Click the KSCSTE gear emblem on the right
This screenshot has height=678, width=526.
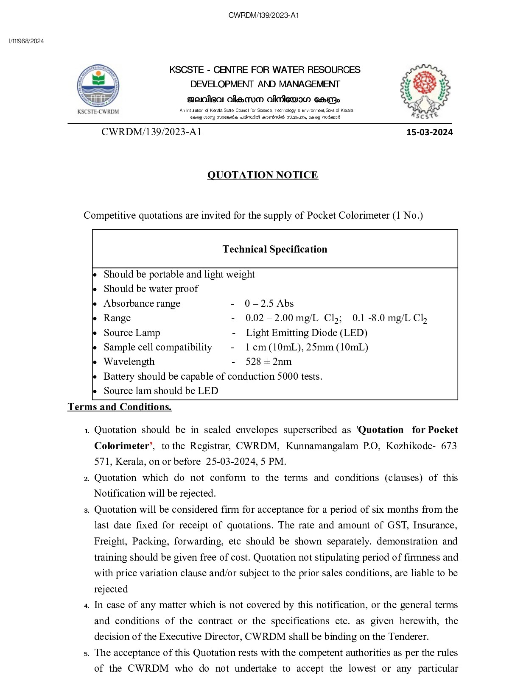[x=425, y=91]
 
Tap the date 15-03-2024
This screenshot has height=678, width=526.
[x=429, y=132]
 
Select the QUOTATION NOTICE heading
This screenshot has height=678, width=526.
[x=263, y=175]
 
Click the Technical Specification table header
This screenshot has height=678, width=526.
[x=275, y=249]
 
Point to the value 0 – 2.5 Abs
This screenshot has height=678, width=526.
[x=269, y=303]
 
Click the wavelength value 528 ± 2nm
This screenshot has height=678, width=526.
[x=269, y=361]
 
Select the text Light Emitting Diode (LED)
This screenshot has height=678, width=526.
[x=307, y=333]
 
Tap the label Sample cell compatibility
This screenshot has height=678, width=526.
[x=158, y=347]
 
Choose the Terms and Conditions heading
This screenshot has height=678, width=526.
[x=120, y=407]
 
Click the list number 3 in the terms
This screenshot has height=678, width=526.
[x=87, y=510]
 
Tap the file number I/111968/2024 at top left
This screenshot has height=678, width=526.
[x=26, y=41]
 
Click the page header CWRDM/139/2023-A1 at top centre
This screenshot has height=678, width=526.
[x=263, y=16]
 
